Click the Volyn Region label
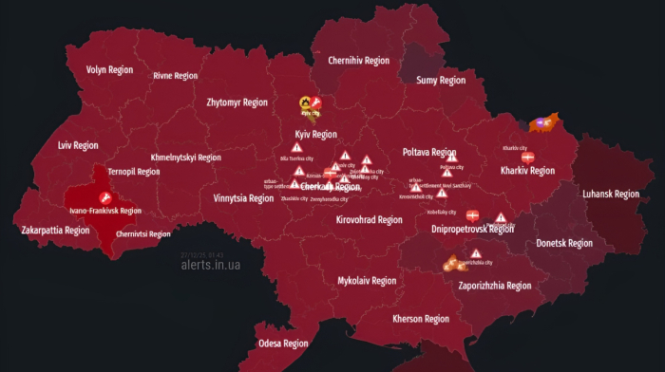[x=109, y=70]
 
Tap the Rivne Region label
[x=176, y=76]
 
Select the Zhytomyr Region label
[x=237, y=102]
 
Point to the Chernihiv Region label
[x=359, y=61]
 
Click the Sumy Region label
[x=441, y=81]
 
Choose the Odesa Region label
[x=283, y=344]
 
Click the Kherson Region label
[x=421, y=319]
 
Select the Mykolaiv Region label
[x=367, y=281]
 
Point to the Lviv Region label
[x=78, y=146]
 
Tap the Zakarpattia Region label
[x=55, y=231]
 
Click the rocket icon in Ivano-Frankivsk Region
[x=104, y=197]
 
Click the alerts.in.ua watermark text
[x=210, y=265]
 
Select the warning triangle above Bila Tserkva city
[x=297, y=149]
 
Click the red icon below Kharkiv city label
[x=528, y=158]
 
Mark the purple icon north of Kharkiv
[x=541, y=121]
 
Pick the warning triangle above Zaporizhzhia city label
[x=475, y=253]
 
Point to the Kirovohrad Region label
[x=370, y=220]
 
